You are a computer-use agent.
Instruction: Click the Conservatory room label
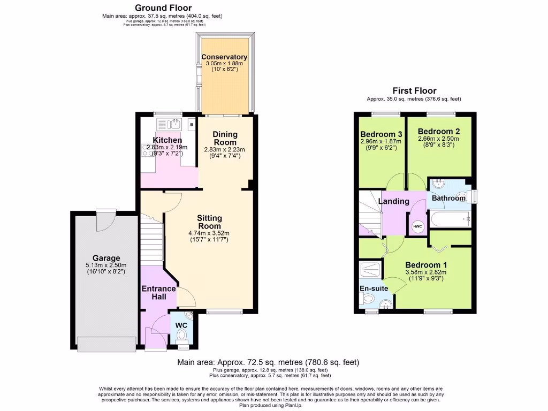[224, 57]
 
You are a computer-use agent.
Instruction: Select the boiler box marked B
[191, 124]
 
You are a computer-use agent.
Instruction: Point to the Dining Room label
[225, 138]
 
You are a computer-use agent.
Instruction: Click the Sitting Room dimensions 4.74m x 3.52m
[209, 233]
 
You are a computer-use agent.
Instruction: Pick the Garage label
[106, 258]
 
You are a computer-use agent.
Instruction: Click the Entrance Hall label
[158, 293]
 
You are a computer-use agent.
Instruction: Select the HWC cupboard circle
[417, 226]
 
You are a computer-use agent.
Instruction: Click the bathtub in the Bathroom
[450, 218]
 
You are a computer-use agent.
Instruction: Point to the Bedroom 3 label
[381, 134]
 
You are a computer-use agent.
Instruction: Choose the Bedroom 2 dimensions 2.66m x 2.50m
[439, 139]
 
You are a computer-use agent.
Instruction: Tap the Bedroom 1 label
[426, 265]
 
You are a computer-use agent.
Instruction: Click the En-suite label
[374, 288]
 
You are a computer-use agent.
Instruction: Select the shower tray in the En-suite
[372, 269]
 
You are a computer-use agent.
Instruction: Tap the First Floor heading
[414, 91]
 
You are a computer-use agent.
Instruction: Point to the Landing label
[394, 201]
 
